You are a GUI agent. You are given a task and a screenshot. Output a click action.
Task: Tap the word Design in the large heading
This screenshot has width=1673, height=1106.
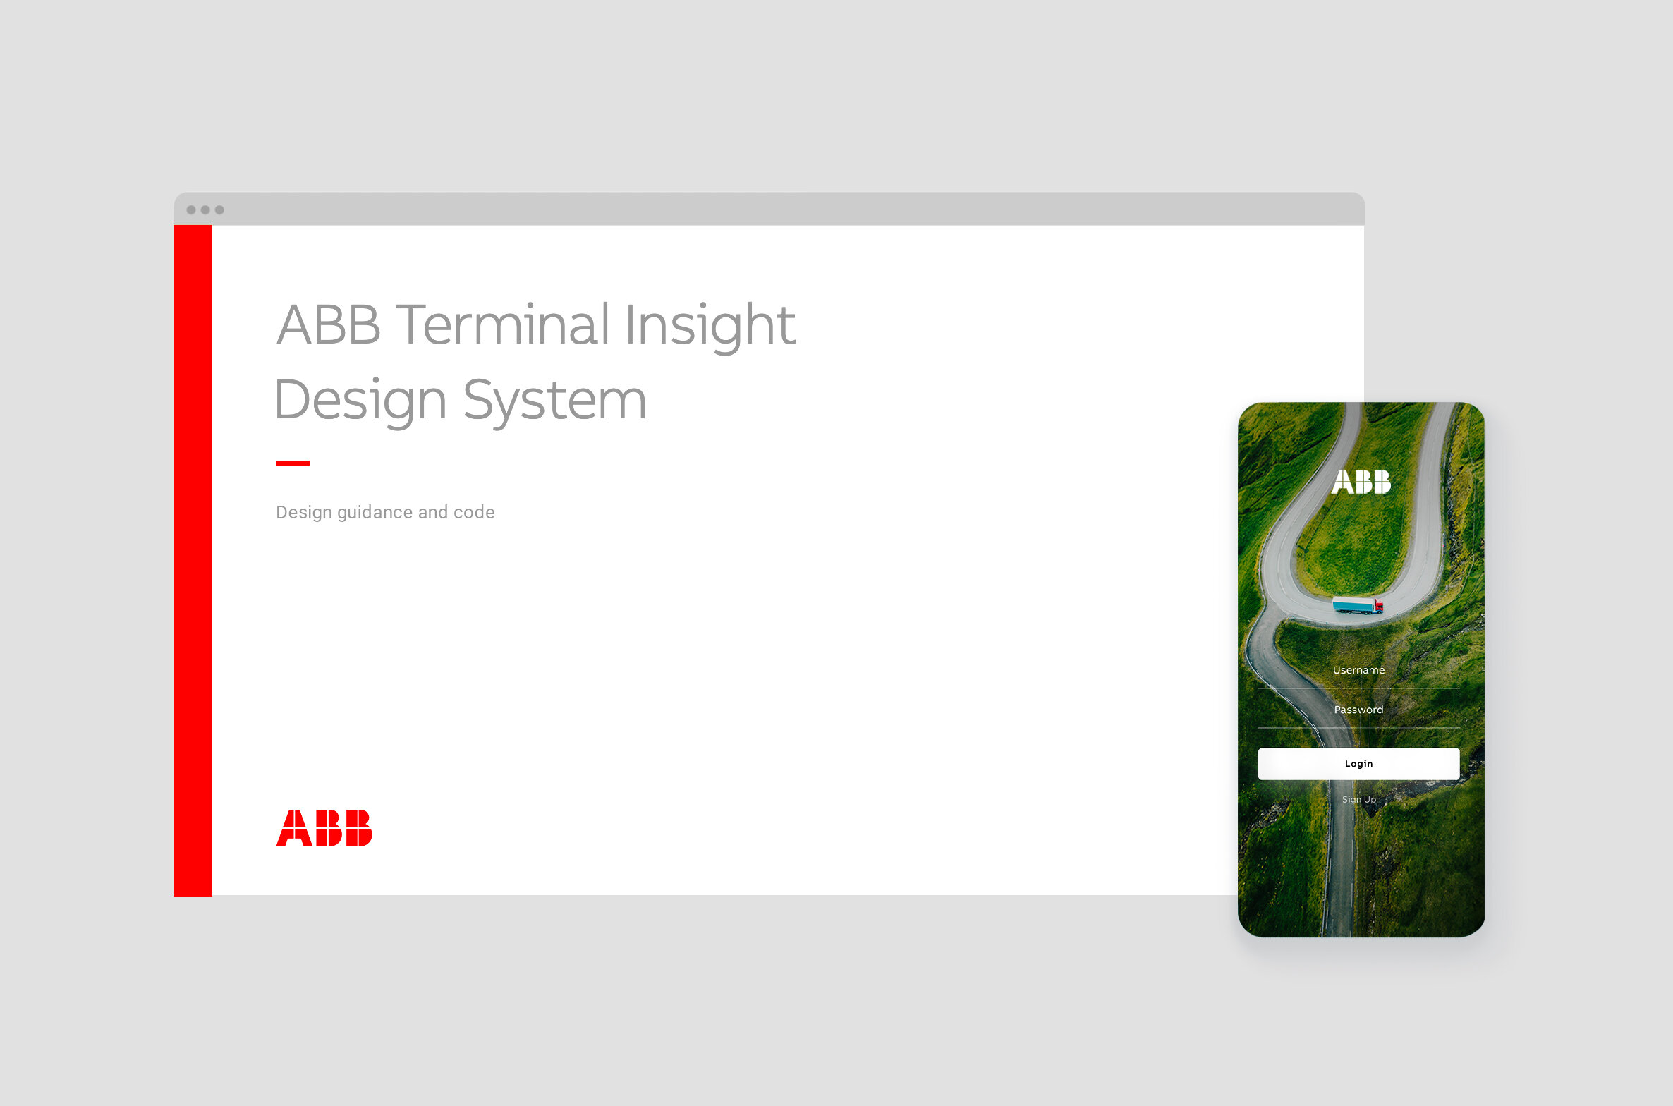(360, 401)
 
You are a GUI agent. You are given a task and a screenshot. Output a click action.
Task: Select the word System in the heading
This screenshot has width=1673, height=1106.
(554, 401)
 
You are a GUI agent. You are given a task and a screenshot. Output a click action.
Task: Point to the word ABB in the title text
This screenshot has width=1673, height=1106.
(329, 324)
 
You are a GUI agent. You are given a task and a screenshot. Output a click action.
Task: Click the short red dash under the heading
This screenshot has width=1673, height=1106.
(293, 463)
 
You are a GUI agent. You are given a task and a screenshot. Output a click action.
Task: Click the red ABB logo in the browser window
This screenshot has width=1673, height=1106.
(324, 827)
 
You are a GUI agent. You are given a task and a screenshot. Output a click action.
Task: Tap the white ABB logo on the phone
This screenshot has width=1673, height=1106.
(1361, 482)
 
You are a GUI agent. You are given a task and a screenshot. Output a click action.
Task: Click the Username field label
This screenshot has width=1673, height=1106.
(1358, 670)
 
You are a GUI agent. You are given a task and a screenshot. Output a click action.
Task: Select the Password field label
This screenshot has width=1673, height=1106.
(1358, 710)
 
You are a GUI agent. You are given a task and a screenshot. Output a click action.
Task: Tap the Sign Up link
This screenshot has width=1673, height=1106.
(1358, 799)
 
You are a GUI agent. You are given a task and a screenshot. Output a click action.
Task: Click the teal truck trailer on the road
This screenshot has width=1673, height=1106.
(1352, 605)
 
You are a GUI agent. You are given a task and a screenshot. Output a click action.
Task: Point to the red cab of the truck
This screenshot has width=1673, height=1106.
(1378, 605)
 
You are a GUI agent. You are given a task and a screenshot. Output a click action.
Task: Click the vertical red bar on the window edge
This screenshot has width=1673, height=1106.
(193, 561)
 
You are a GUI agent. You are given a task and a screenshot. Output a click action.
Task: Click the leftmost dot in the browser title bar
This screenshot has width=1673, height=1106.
(191, 209)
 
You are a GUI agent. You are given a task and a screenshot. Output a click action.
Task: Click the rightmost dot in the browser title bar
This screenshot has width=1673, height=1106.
(219, 209)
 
